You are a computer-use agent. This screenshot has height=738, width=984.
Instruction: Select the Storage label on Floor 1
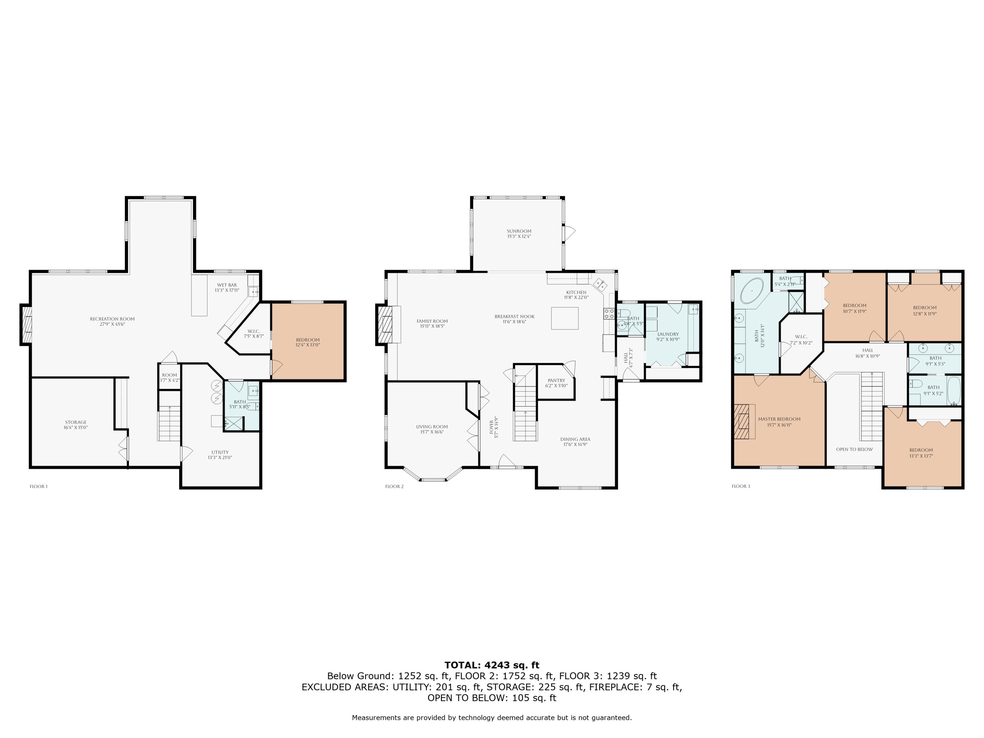point(76,425)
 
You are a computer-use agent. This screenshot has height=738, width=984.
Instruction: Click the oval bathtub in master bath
point(752,291)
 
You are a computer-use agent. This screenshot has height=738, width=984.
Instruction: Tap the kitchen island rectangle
point(564,318)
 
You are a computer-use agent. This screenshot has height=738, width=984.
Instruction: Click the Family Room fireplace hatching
point(385,324)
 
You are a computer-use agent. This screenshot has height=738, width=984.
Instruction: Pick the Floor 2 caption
point(394,486)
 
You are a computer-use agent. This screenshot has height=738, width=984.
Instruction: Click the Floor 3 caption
point(741,486)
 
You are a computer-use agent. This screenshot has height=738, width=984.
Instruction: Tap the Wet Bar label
point(227,287)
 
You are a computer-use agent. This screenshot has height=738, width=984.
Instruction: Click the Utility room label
point(220,455)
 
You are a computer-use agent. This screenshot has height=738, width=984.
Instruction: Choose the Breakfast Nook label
point(514,319)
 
